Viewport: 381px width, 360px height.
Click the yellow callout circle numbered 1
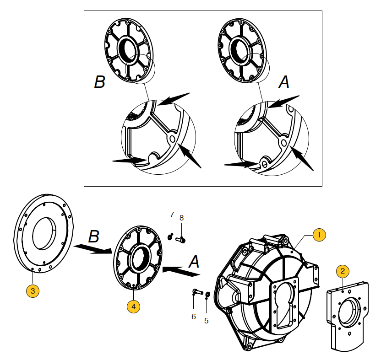pyautogui.click(x=319, y=235)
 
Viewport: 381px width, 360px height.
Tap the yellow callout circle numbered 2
pyautogui.click(x=342, y=271)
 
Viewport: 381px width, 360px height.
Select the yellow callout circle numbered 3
pyautogui.click(x=32, y=290)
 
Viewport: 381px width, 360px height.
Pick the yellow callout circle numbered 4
pyautogui.click(x=133, y=306)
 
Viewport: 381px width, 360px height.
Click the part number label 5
pyautogui.click(x=206, y=321)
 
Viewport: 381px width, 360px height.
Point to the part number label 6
pyautogui.click(x=193, y=317)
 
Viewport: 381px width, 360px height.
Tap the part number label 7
pyautogui.click(x=172, y=214)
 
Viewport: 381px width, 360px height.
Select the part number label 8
pyautogui.click(x=181, y=218)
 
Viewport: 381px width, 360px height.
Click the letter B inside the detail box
pyautogui.click(x=99, y=82)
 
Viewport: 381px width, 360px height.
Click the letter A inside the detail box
pyautogui.click(x=284, y=82)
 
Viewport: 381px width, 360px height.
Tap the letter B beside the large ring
pyautogui.click(x=93, y=236)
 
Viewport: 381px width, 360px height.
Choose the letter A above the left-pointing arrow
pyautogui.click(x=194, y=262)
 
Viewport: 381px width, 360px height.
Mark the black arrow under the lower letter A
pyautogui.click(x=181, y=270)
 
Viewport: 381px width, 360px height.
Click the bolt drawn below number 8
pyautogui.click(x=180, y=239)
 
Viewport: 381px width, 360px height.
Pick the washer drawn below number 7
pyautogui.click(x=170, y=236)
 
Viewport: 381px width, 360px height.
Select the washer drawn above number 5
pyautogui.click(x=207, y=294)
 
